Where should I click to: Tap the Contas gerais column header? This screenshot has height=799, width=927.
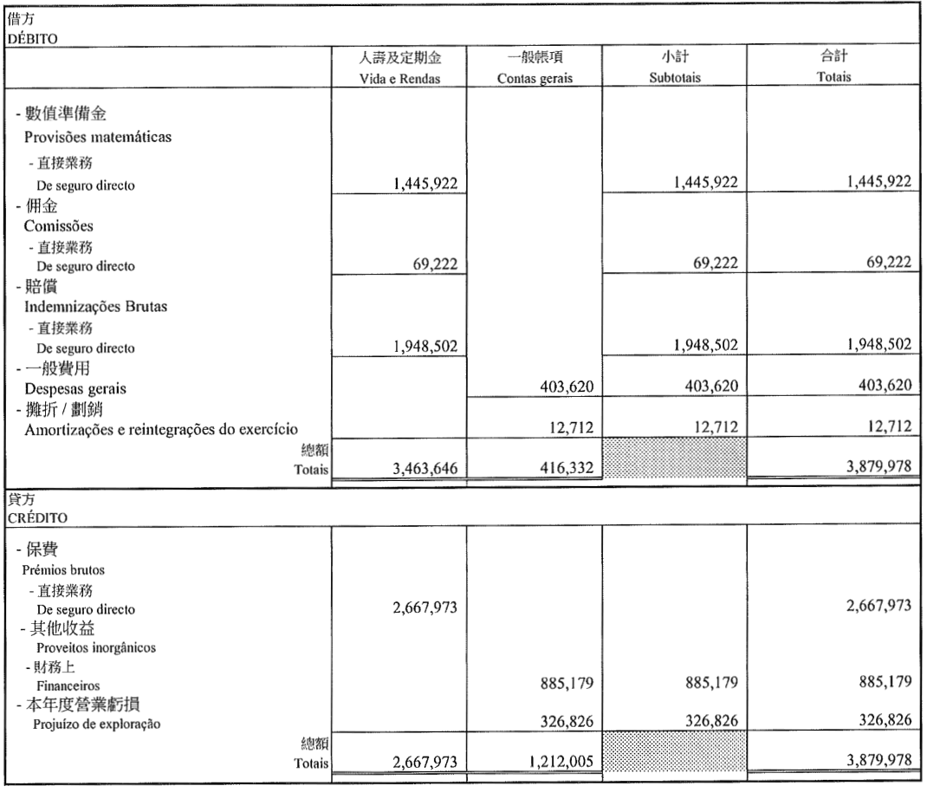click(535, 78)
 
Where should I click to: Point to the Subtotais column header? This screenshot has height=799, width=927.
click(674, 78)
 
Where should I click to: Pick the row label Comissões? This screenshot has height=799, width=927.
click(58, 227)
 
